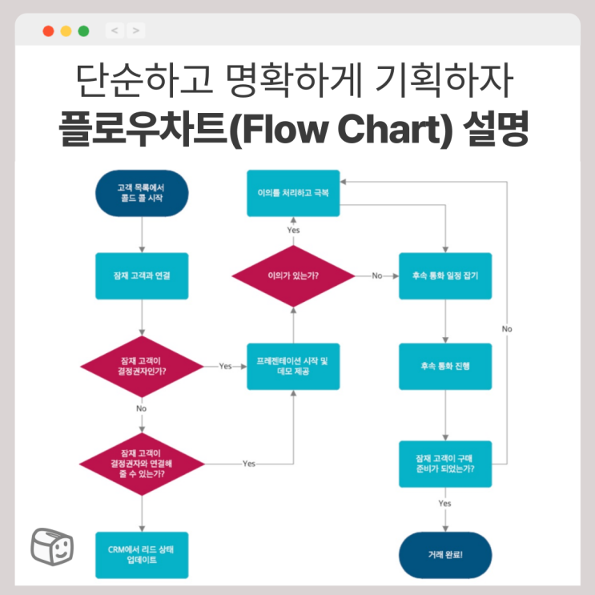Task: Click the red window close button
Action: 48,31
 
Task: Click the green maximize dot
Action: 83,31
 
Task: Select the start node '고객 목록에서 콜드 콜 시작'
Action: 141,193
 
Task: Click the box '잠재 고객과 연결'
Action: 141,275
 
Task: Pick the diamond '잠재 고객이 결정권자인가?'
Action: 141,365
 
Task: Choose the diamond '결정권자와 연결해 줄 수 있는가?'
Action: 141,464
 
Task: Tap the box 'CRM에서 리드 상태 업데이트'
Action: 141,555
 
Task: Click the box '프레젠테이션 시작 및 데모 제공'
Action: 292,366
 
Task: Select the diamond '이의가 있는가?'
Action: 292,275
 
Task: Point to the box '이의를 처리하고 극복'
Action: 292,193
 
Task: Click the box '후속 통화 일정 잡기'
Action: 445,275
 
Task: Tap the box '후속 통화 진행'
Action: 445,366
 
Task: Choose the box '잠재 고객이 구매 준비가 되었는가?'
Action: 445,464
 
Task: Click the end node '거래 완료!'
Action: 445,555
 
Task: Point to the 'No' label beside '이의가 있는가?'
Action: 377,275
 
